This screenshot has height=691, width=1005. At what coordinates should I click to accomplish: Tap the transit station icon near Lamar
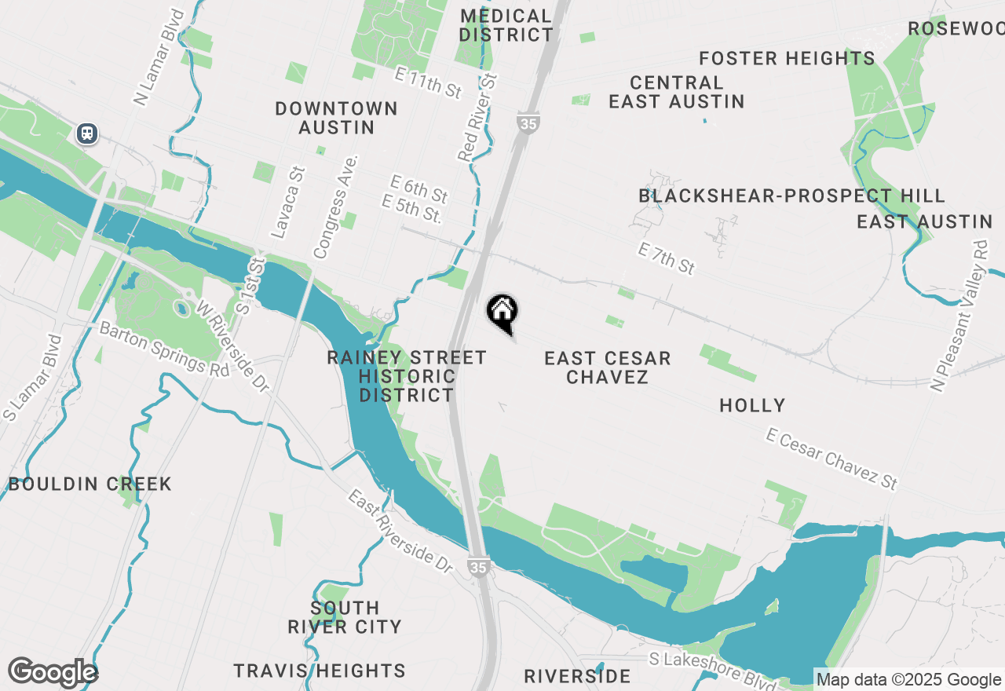click(87, 133)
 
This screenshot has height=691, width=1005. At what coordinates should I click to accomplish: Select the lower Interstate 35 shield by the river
click(477, 567)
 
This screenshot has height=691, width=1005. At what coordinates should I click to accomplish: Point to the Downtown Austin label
click(336, 118)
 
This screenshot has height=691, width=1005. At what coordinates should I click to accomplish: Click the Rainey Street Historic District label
click(407, 377)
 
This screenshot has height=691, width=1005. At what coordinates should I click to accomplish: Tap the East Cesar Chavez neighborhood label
click(608, 367)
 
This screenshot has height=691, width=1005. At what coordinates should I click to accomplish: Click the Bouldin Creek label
click(90, 484)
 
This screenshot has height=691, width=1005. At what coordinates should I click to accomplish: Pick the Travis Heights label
click(320, 671)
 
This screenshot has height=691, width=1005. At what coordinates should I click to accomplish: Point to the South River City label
click(345, 617)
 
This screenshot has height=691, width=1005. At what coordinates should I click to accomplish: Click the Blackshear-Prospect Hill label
click(791, 196)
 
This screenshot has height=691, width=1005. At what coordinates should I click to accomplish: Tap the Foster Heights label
click(787, 58)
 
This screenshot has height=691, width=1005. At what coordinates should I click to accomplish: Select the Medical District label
click(506, 25)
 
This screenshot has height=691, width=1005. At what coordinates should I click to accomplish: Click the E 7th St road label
click(667, 259)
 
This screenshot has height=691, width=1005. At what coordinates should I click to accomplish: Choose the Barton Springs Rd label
click(165, 349)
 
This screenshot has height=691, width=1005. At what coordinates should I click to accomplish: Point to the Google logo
click(53, 672)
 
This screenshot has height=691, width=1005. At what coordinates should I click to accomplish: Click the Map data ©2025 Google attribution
click(908, 679)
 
